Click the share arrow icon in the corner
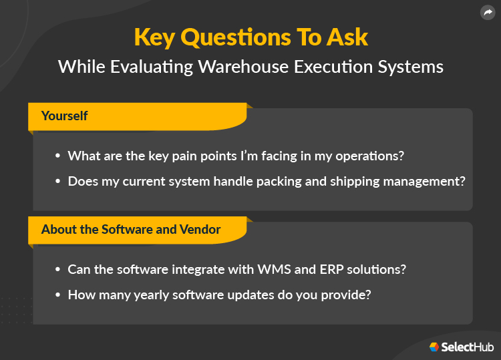[487, 13]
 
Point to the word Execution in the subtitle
[323, 67]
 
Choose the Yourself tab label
[64, 116]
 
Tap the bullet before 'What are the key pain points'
[57, 156]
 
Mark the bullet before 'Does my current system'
[57, 180]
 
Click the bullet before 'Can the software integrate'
[57, 269]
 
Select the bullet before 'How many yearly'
[57, 294]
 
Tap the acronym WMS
[273, 269]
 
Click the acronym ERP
[325, 269]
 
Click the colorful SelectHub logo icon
[434, 347]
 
